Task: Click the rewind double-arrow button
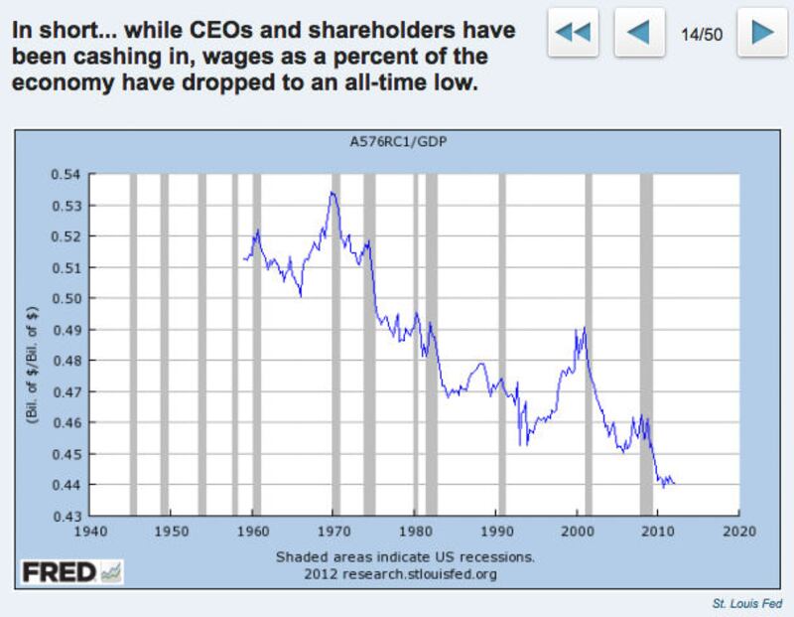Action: [573, 32]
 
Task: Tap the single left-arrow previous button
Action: [639, 32]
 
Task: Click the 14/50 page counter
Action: [701, 33]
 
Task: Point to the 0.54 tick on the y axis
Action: [71, 175]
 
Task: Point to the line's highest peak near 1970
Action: [331, 193]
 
